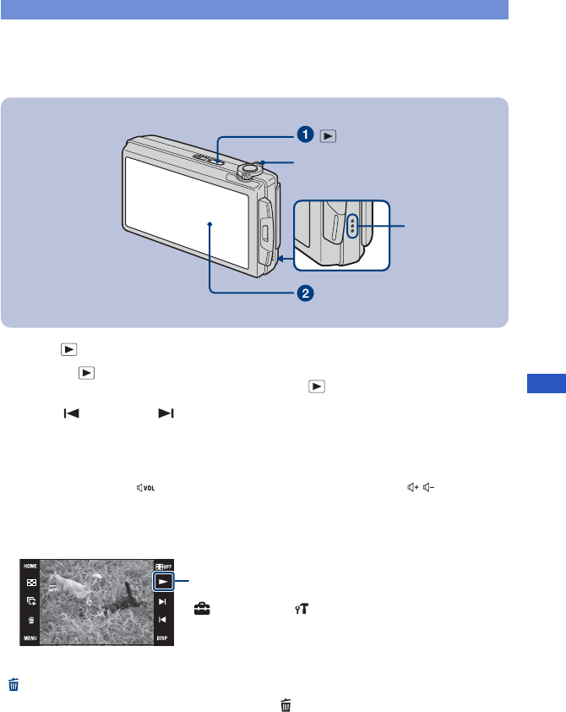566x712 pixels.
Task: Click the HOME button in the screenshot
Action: (30, 565)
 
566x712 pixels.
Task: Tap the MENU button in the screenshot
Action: (30, 638)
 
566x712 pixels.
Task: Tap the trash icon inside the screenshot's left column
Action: (30, 619)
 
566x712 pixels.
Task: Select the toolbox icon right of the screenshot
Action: (202, 607)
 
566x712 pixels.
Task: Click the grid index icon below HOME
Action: (30, 583)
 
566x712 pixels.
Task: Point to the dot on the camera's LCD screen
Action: (208, 225)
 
